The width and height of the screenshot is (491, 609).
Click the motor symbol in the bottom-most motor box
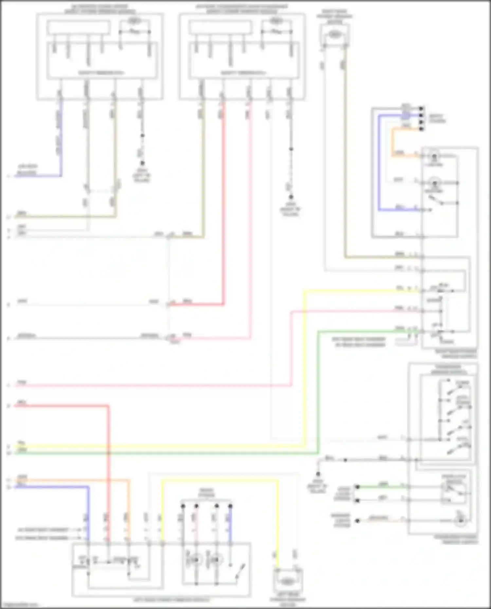click(287, 582)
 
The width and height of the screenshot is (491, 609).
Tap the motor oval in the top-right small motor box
click(334, 34)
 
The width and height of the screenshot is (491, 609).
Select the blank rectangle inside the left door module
click(78, 27)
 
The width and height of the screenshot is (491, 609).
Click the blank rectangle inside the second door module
click(220, 27)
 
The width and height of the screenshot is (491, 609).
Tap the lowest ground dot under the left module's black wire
click(142, 163)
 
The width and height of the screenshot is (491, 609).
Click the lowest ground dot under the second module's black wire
click(291, 197)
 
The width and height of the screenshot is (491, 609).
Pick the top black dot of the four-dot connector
click(422, 108)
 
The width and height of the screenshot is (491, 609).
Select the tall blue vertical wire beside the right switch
click(379, 164)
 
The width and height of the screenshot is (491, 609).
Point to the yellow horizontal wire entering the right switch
click(360, 290)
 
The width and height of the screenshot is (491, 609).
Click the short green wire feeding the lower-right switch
click(383, 487)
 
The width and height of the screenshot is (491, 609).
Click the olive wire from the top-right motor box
click(345, 164)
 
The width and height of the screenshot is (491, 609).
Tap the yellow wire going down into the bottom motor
click(278, 524)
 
